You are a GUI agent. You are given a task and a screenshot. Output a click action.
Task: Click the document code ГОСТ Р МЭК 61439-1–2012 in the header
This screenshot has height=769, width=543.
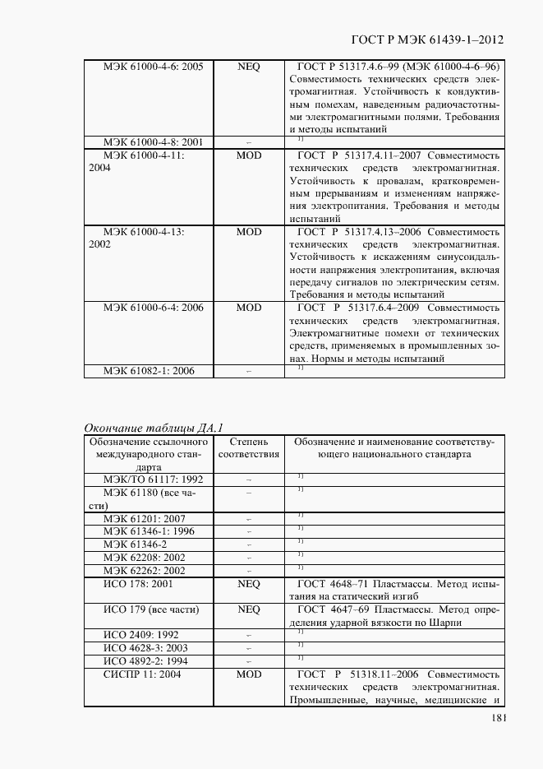pyautogui.click(x=426, y=39)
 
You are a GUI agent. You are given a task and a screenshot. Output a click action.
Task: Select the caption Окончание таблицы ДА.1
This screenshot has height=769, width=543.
pyautogui.click(x=154, y=427)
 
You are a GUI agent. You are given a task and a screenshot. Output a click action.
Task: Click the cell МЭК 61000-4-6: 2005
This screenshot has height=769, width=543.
pyautogui.click(x=153, y=67)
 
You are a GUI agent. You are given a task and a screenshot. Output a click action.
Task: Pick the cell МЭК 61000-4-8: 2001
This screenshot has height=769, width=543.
pyautogui.click(x=153, y=142)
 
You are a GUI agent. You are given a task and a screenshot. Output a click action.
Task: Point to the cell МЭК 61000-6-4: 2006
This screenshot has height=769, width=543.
pyautogui.click(x=153, y=308)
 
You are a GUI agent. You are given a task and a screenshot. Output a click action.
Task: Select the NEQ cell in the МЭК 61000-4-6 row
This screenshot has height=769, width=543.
pyautogui.click(x=248, y=67)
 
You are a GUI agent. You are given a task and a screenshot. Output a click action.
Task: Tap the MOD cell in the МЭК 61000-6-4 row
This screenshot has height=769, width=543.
pyautogui.click(x=248, y=308)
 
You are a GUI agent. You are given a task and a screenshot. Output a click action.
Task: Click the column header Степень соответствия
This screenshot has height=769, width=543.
pyautogui.click(x=248, y=448)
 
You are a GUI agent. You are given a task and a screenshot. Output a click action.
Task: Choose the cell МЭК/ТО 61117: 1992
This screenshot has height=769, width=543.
pyautogui.click(x=153, y=479)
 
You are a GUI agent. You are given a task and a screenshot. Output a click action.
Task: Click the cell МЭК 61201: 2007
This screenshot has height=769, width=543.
pyautogui.click(x=145, y=519)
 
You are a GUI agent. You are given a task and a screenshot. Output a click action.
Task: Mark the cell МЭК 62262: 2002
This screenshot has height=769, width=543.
pyautogui.click(x=145, y=571)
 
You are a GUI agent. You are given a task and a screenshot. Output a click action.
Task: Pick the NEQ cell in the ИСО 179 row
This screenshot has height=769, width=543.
pyautogui.click(x=248, y=609)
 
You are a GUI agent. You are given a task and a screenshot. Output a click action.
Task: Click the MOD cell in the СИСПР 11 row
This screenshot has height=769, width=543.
pyautogui.click(x=248, y=674)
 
